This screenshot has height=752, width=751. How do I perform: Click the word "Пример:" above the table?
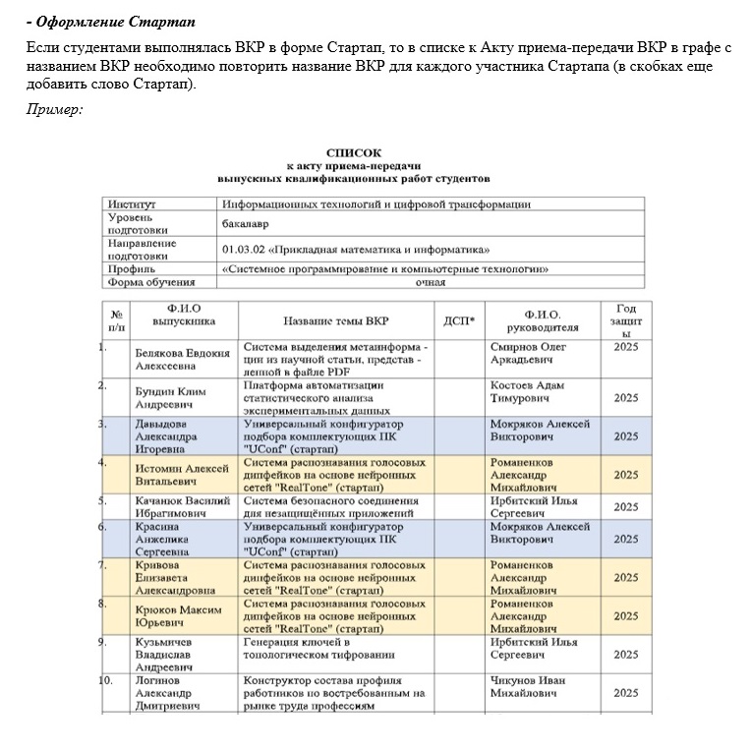(x=54, y=108)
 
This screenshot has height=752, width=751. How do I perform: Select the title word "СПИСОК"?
(x=351, y=153)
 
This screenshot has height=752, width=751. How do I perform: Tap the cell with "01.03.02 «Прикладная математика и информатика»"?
(x=355, y=250)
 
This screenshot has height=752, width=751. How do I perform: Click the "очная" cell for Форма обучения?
(x=430, y=282)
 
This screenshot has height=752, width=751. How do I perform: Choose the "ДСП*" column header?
(x=459, y=320)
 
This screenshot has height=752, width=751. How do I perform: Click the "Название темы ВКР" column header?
(x=335, y=320)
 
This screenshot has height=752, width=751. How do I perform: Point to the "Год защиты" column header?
(x=625, y=320)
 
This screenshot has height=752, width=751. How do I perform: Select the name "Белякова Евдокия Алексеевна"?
(x=182, y=359)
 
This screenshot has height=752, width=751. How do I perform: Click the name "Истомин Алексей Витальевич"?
(x=182, y=475)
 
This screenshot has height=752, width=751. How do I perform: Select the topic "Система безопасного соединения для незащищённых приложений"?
(x=331, y=506)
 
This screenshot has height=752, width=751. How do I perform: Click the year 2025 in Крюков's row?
(x=625, y=616)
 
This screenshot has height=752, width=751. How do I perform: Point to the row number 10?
(x=107, y=679)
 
